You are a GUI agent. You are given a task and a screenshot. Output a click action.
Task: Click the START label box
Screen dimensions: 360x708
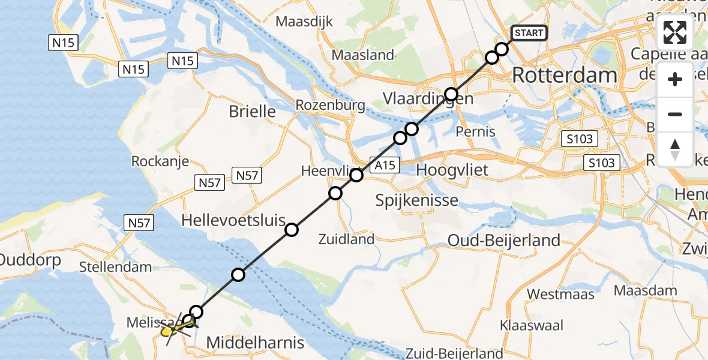tap(529, 33)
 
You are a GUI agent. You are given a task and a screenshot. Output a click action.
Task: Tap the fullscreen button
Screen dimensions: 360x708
tap(675, 33)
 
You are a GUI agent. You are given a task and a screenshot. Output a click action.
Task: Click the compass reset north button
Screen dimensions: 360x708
tap(675, 148)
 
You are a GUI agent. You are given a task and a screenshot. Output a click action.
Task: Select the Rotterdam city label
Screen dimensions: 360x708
tap(565, 76)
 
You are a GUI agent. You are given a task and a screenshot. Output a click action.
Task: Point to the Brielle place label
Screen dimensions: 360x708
tap(253, 111)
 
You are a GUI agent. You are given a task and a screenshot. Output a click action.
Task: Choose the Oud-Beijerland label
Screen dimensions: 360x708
tap(504, 241)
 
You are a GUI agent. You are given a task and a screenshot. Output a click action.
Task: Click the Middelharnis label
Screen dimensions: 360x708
tap(255, 343)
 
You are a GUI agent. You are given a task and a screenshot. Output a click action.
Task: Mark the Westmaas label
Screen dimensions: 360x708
tap(560, 294)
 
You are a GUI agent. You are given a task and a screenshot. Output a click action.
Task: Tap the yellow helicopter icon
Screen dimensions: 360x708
tap(172, 330)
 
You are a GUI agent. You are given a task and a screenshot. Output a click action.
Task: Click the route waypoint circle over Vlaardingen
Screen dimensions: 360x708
tap(451, 94)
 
